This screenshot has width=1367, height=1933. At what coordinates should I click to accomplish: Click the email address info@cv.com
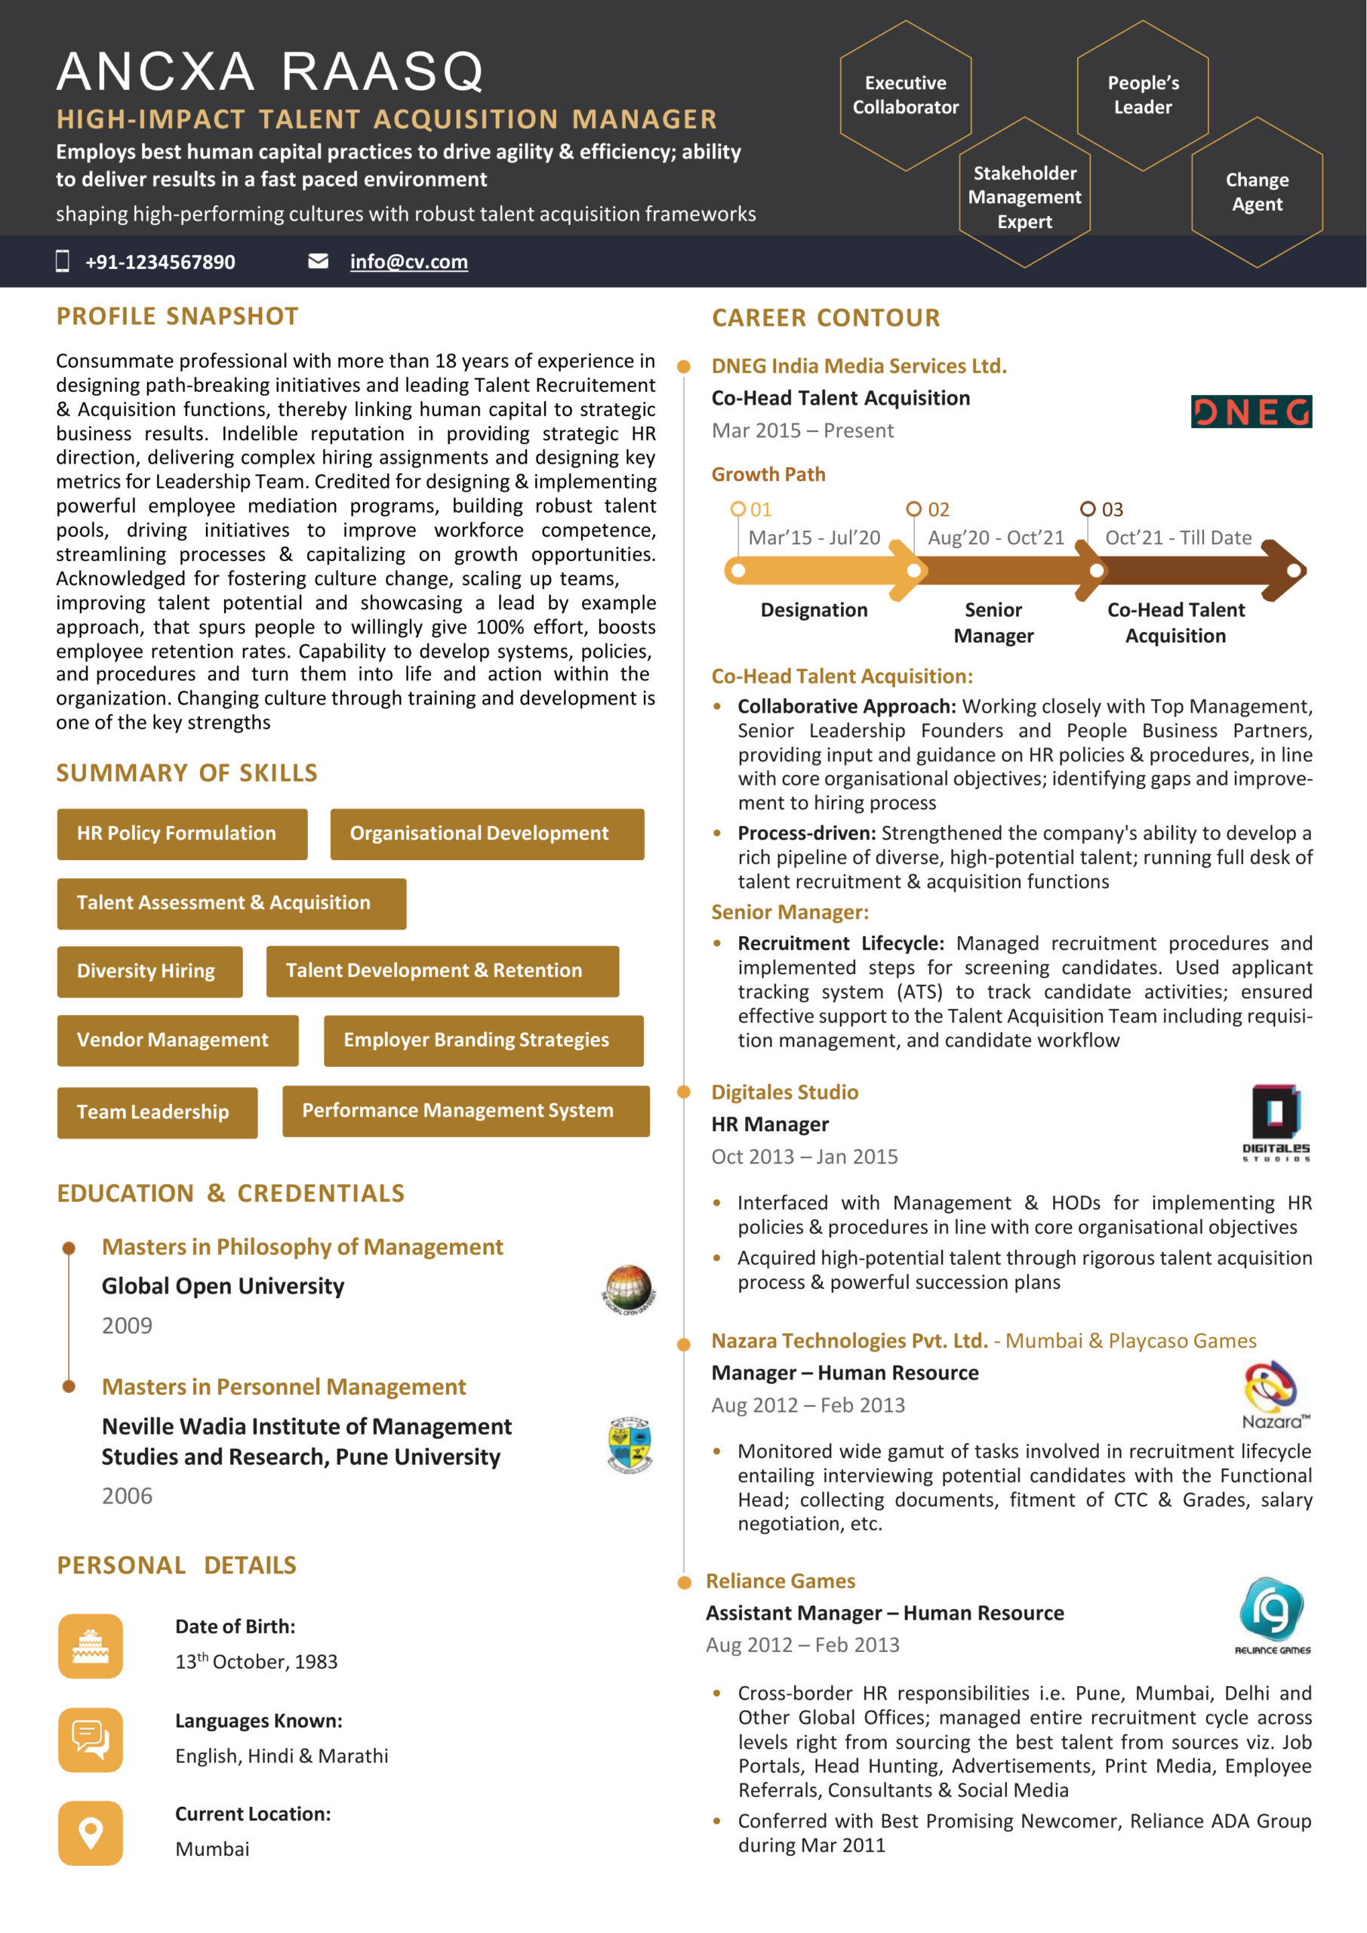[408, 262]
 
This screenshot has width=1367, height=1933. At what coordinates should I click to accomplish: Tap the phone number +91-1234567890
[160, 262]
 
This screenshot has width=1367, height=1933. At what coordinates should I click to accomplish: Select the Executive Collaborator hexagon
[905, 95]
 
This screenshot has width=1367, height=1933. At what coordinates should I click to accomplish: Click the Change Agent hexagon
[1257, 192]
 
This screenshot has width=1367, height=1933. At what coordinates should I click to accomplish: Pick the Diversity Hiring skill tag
[149, 971]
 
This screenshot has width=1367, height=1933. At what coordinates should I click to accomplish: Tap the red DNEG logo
[1251, 412]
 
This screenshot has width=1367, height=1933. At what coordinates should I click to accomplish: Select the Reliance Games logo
[1272, 1615]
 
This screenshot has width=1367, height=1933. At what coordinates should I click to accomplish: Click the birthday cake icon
[90, 1645]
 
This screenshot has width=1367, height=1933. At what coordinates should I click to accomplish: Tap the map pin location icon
[90, 1832]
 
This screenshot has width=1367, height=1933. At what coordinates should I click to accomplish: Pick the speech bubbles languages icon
[90, 1740]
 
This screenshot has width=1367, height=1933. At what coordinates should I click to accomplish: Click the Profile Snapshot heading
[177, 316]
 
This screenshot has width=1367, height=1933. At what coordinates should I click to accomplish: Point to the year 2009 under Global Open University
[127, 1325]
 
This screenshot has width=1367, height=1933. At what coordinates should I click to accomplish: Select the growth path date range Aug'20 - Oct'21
[996, 537]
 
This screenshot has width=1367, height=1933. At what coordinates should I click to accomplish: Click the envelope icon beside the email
[319, 261]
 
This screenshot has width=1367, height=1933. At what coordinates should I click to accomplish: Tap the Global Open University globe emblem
[629, 1289]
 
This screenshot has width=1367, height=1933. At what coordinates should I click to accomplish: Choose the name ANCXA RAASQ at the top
[270, 72]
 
